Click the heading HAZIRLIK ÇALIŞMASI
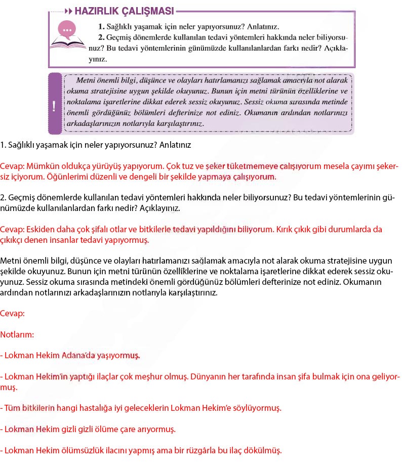[x=124, y=11]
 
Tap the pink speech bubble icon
[x=65, y=29]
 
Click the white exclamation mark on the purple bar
[x=54, y=106]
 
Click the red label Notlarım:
[x=17, y=334]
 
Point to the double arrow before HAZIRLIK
[x=68, y=11]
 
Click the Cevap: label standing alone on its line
[x=12, y=313]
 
